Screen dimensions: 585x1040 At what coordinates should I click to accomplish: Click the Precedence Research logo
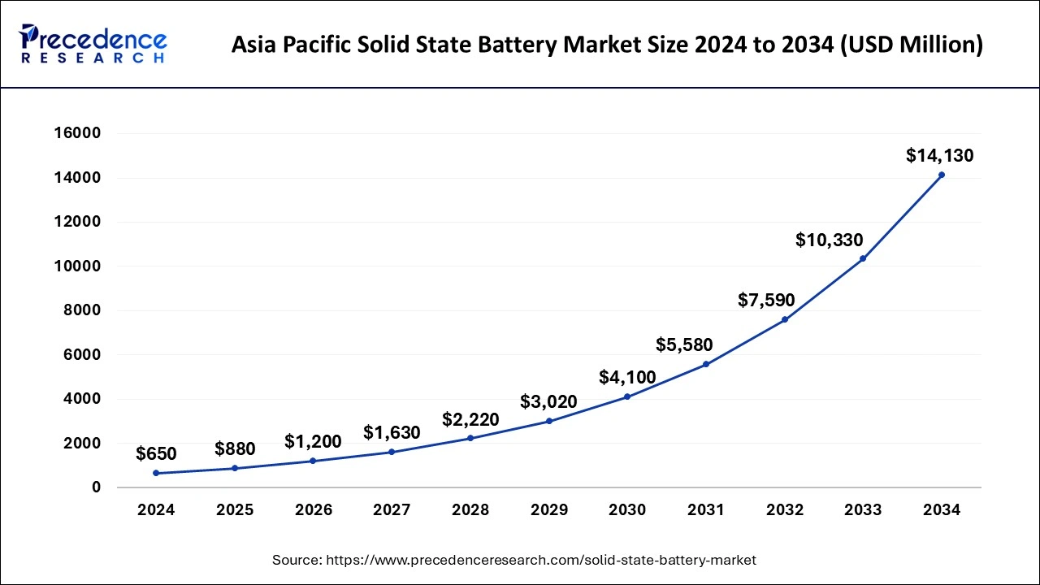(93, 44)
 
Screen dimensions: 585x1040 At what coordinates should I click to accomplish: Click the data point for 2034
(942, 175)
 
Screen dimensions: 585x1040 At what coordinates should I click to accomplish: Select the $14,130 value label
(939, 156)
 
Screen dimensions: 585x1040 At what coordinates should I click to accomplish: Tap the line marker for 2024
(156, 473)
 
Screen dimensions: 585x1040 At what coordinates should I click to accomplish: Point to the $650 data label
(156, 453)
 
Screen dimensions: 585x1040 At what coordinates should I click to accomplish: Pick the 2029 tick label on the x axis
(549, 510)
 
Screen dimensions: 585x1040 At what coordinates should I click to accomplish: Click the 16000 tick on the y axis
(78, 133)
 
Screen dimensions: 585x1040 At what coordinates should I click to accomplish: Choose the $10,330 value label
(830, 240)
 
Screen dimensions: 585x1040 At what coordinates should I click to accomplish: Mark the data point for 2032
(785, 319)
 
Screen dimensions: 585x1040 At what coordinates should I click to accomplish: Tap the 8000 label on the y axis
(84, 310)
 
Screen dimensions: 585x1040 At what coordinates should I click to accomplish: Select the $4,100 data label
(627, 377)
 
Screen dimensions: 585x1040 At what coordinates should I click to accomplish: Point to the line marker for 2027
(392, 452)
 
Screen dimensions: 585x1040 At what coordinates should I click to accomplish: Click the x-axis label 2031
(706, 510)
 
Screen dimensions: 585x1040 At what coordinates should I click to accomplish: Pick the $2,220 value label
(470, 419)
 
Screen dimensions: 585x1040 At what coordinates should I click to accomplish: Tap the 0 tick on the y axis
(96, 487)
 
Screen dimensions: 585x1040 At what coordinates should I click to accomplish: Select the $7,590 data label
(766, 300)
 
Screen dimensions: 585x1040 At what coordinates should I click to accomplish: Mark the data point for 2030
(627, 396)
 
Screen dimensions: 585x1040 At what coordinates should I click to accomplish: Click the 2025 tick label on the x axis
(235, 510)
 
